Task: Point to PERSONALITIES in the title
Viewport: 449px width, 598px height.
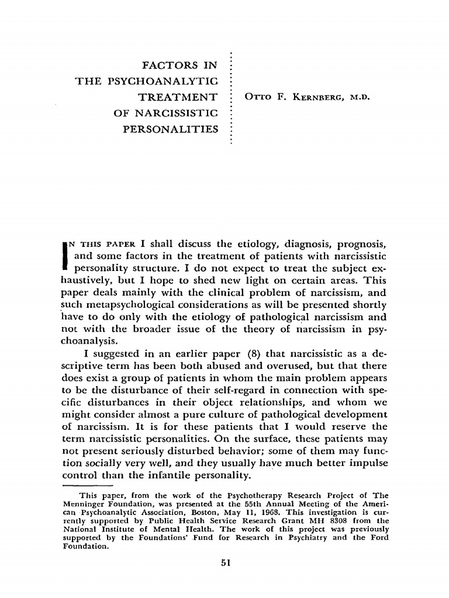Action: coord(170,128)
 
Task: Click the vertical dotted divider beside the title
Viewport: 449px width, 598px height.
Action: coord(232,96)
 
